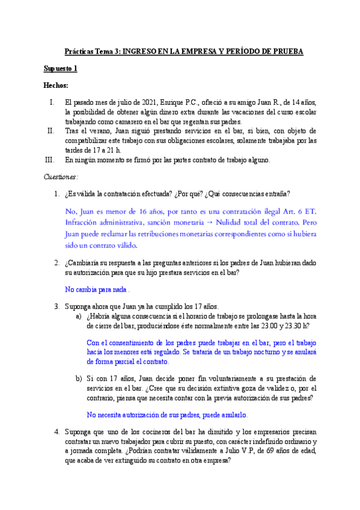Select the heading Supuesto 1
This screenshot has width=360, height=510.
[60, 69]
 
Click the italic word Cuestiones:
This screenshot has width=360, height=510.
[61, 177]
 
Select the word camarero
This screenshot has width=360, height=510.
[134, 121]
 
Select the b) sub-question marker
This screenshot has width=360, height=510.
[78, 379]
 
